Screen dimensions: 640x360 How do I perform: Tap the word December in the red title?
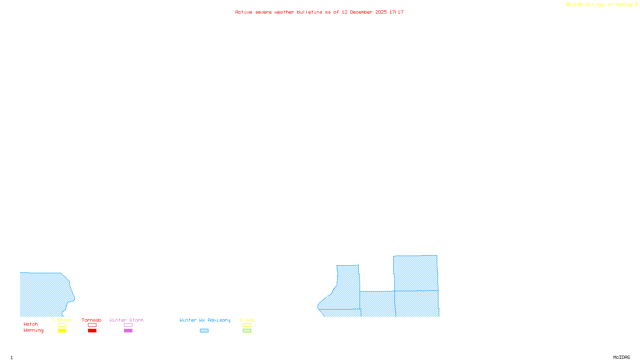361,12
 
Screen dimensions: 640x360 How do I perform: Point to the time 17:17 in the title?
396,12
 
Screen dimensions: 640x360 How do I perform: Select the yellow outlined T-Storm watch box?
62,325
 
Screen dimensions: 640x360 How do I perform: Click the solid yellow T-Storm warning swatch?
62,331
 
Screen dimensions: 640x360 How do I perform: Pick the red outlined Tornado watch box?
92,325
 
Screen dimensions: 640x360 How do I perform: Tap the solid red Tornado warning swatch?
92,331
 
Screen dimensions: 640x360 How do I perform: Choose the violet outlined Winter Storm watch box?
128,325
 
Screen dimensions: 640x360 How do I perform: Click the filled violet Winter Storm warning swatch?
128,331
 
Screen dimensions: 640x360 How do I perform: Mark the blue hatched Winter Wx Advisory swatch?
204,331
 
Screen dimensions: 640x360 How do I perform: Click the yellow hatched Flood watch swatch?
247,325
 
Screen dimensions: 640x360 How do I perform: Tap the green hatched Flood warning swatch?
247,331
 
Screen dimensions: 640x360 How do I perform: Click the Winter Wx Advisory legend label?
205,320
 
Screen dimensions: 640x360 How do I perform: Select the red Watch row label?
31,324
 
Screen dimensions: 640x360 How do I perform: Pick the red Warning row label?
34,330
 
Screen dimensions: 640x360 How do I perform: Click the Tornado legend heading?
92,320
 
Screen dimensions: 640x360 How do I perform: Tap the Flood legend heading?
247,320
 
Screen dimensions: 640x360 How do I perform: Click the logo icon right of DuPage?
637,4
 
